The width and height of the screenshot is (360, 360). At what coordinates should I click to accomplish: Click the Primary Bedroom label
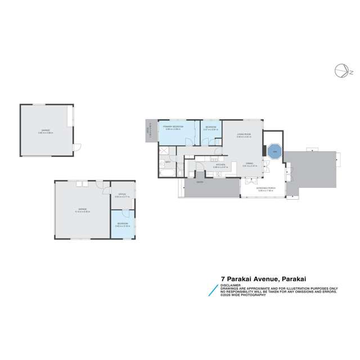pos(172,128)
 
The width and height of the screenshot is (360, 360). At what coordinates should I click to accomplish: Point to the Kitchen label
pos(220,166)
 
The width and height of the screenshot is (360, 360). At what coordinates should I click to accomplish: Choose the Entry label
pos(200,182)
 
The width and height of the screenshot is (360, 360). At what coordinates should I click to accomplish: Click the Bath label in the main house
pos(168,163)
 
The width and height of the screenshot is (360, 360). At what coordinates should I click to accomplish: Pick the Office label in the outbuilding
pos(119,195)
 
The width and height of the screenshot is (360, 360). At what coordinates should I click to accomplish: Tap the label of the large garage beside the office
pos(82,210)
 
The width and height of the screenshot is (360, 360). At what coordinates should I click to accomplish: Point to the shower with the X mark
pos(165,151)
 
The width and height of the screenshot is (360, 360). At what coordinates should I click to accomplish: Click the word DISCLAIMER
pos(231,285)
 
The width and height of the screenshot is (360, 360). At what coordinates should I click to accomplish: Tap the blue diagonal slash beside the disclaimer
pos(212,290)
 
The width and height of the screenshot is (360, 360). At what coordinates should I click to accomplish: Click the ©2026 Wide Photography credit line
pos(243,295)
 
